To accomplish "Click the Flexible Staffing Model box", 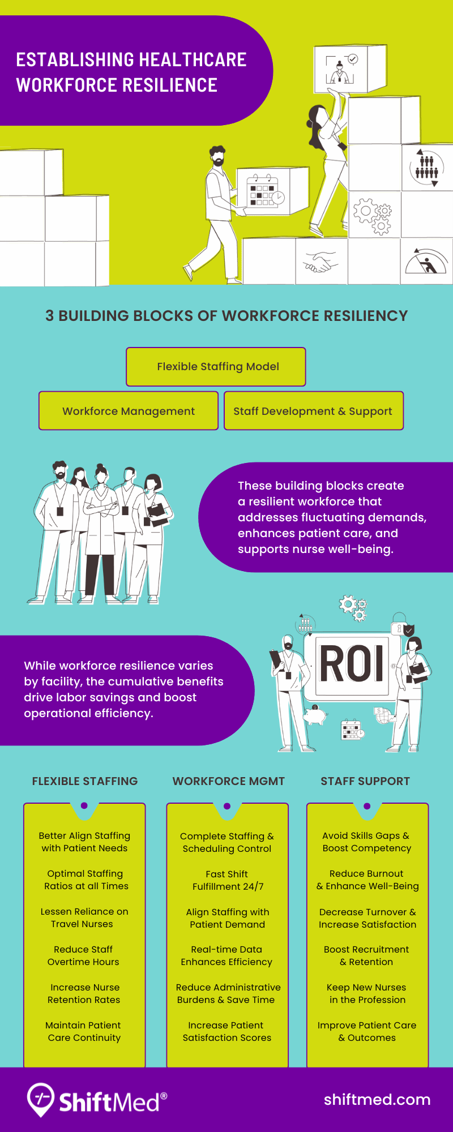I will (216, 367).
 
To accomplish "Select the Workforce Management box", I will (129, 411).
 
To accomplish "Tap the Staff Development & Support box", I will (313, 411).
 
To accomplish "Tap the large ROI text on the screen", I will (352, 663).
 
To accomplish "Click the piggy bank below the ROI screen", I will (315, 715).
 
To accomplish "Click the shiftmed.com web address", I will (377, 1100).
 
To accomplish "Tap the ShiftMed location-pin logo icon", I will (41, 1099).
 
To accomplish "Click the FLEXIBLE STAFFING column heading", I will (85, 781).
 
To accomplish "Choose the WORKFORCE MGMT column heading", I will (228, 781).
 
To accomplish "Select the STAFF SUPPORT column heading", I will (365, 781).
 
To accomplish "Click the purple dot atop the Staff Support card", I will (367, 806).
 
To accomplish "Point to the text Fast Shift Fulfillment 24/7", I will (228, 880).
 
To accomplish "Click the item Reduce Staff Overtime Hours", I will (83, 955).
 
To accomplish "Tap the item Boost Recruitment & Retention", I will (366, 955).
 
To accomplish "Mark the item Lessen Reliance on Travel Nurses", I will (84, 917).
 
